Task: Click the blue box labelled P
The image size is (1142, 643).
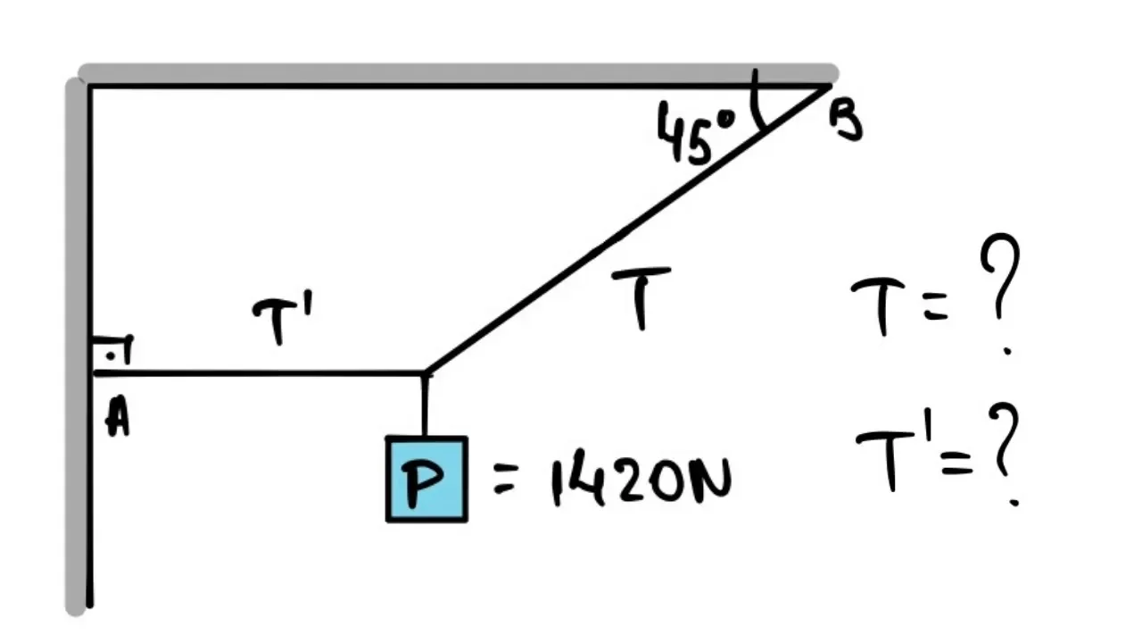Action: click(426, 480)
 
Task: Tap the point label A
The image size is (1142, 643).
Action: click(117, 418)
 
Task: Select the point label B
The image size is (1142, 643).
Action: click(846, 121)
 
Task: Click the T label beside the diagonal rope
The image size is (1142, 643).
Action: click(641, 296)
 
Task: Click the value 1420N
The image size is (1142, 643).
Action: click(641, 481)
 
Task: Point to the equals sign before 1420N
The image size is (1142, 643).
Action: click(506, 482)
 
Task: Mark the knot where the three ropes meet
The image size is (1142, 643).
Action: click(426, 372)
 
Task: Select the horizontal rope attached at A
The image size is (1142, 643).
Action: click(259, 372)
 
